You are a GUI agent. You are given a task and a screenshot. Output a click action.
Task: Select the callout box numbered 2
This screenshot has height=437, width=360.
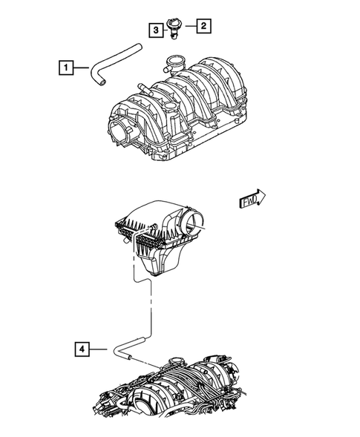pyautogui.click(x=203, y=27)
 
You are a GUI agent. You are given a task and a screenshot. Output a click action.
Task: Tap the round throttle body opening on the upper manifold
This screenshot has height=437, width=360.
pyautogui.click(x=122, y=134)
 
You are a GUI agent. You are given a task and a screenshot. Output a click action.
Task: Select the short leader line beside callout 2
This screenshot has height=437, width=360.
pyautogui.click(x=190, y=27)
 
